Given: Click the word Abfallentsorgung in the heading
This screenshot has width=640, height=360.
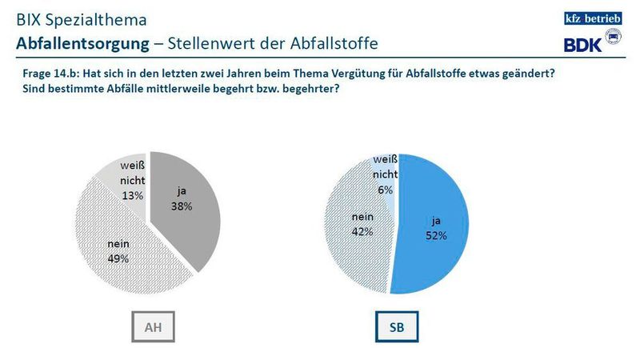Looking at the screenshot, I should [77, 41].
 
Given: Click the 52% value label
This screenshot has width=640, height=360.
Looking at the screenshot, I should [435, 235].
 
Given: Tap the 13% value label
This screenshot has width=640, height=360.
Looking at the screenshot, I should [133, 195].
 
